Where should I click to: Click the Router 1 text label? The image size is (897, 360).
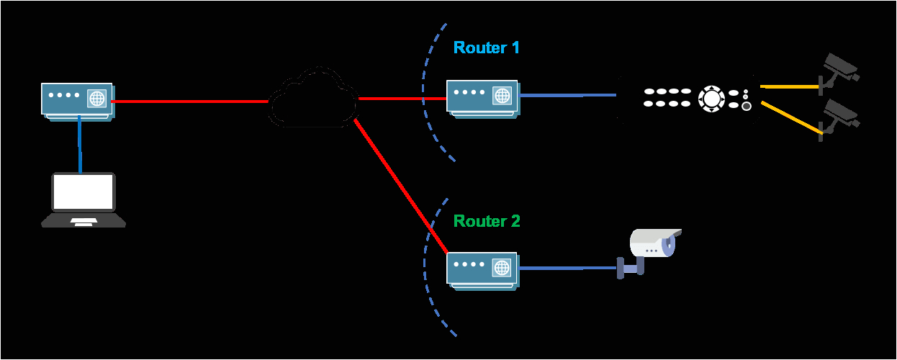pos(486,48)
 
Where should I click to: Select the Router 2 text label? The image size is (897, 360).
pos(486,221)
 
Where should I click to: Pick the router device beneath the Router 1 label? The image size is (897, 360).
pos(482,97)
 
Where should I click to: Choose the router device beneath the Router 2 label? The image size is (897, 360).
pos(482,271)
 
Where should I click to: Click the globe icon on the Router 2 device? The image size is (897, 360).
pos(502,268)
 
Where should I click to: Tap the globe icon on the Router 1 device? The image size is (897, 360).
pos(502,94)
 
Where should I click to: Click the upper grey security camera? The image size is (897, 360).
pos(839,67)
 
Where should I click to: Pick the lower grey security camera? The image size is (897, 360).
pos(839,115)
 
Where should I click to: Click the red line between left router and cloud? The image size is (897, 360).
pos(191,102)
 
